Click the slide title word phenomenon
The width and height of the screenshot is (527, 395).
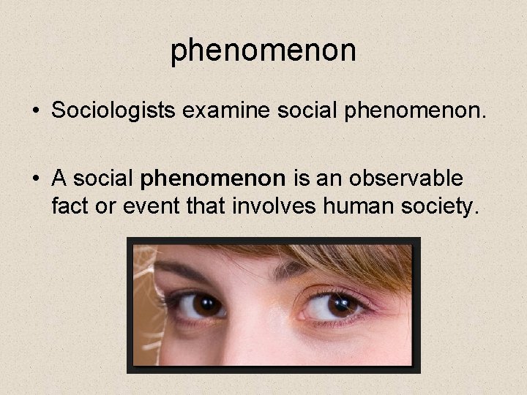(263, 50)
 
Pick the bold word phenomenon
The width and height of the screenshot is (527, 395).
(213, 178)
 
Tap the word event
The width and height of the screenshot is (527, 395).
(151, 206)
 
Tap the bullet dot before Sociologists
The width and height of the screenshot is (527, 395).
(36, 113)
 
